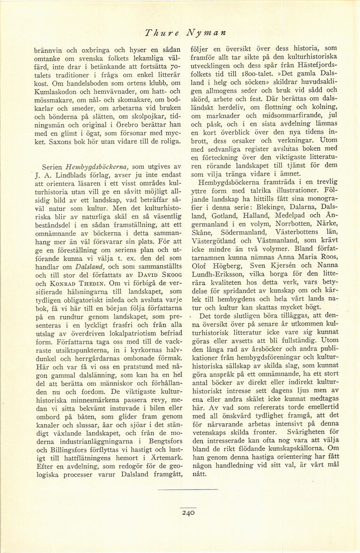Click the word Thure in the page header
[x=160, y=33]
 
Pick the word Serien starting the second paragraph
[x=53, y=166]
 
